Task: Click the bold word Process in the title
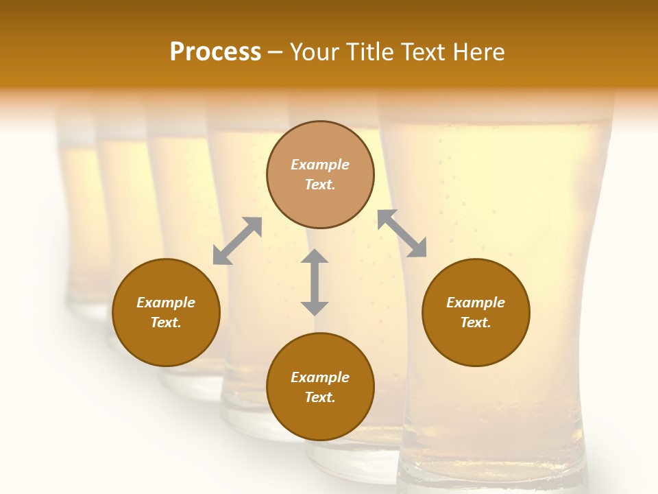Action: pyautogui.click(x=215, y=52)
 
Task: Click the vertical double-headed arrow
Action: pyautogui.click(x=315, y=282)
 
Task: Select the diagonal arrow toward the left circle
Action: pyautogui.click(x=237, y=241)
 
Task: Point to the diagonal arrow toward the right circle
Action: pyautogui.click(x=402, y=233)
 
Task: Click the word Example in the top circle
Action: pyautogui.click(x=320, y=165)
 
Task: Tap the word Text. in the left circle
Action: pyautogui.click(x=166, y=322)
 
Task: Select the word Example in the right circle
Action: pyautogui.click(x=476, y=303)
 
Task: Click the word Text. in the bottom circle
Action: pyautogui.click(x=320, y=397)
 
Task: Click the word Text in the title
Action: pyautogui.click(x=422, y=52)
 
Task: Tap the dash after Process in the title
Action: pyautogui.click(x=275, y=53)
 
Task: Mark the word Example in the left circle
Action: pyautogui.click(x=166, y=303)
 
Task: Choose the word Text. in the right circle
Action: pyautogui.click(x=476, y=322)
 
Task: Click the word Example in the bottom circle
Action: pyautogui.click(x=320, y=377)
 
